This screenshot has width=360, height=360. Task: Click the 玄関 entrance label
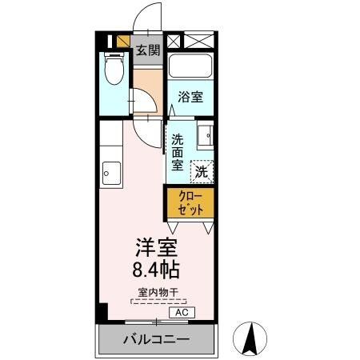[x=147, y=51]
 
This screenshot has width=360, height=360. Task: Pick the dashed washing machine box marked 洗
[x=202, y=170]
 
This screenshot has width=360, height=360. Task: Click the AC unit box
[x=182, y=312]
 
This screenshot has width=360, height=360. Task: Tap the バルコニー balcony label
[x=157, y=340]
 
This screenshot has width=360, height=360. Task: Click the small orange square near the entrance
[x=122, y=42]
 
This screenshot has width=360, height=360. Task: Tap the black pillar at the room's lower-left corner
[x=101, y=314]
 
